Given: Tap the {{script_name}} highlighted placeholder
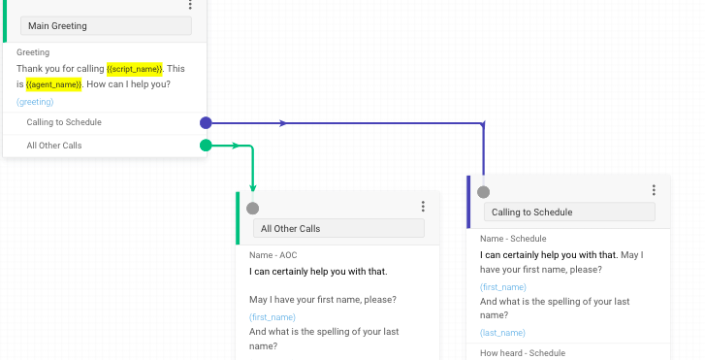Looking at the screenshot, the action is pyautogui.click(x=135, y=69).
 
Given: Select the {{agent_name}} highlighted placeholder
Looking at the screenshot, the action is pyautogui.click(x=53, y=84).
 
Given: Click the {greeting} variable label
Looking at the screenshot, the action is pyautogui.click(x=35, y=101).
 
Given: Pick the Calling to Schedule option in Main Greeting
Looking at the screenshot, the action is pyautogui.click(x=64, y=122).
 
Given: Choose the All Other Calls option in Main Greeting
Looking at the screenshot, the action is pyautogui.click(x=54, y=146).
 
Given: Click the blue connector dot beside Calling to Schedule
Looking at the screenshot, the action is pyautogui.click(x=206, y=123).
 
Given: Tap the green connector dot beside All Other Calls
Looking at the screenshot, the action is pyautogui.click(x=206, y=146).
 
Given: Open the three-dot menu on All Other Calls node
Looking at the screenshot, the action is pyautogui.click(x=423, y=207).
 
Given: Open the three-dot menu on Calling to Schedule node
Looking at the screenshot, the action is pyautogui.click(x=654, y=190).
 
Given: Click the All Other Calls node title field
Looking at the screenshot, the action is pyautogui.click(x=338, y=229).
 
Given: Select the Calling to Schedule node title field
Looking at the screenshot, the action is pyautogui.click(x=569, y=212).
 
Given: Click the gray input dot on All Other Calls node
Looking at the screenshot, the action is pyautogui.click(x=253, y=208).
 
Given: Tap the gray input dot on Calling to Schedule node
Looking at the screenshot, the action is pyautogui.click(x=484, y=191).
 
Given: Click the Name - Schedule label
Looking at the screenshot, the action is pyautogui.click(x=513, y=239).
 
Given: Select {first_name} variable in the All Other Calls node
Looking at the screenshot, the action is pyautogui.click(x=272, y=316).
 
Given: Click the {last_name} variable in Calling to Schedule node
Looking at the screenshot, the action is pyautogui.click(x=502, y=332).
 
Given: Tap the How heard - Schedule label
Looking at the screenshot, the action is pyautogui.click(x=522, y=353).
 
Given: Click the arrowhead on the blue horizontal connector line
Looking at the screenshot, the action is pyautogui.click(x=283, y=123).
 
